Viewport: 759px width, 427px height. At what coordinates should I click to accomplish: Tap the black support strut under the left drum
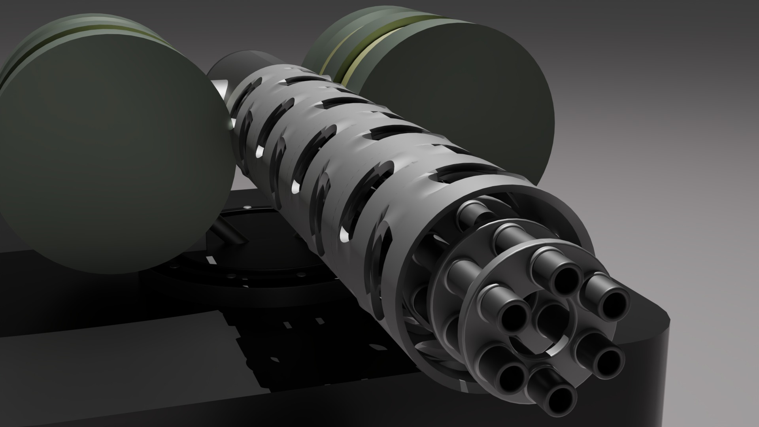(x=229, y=233)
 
